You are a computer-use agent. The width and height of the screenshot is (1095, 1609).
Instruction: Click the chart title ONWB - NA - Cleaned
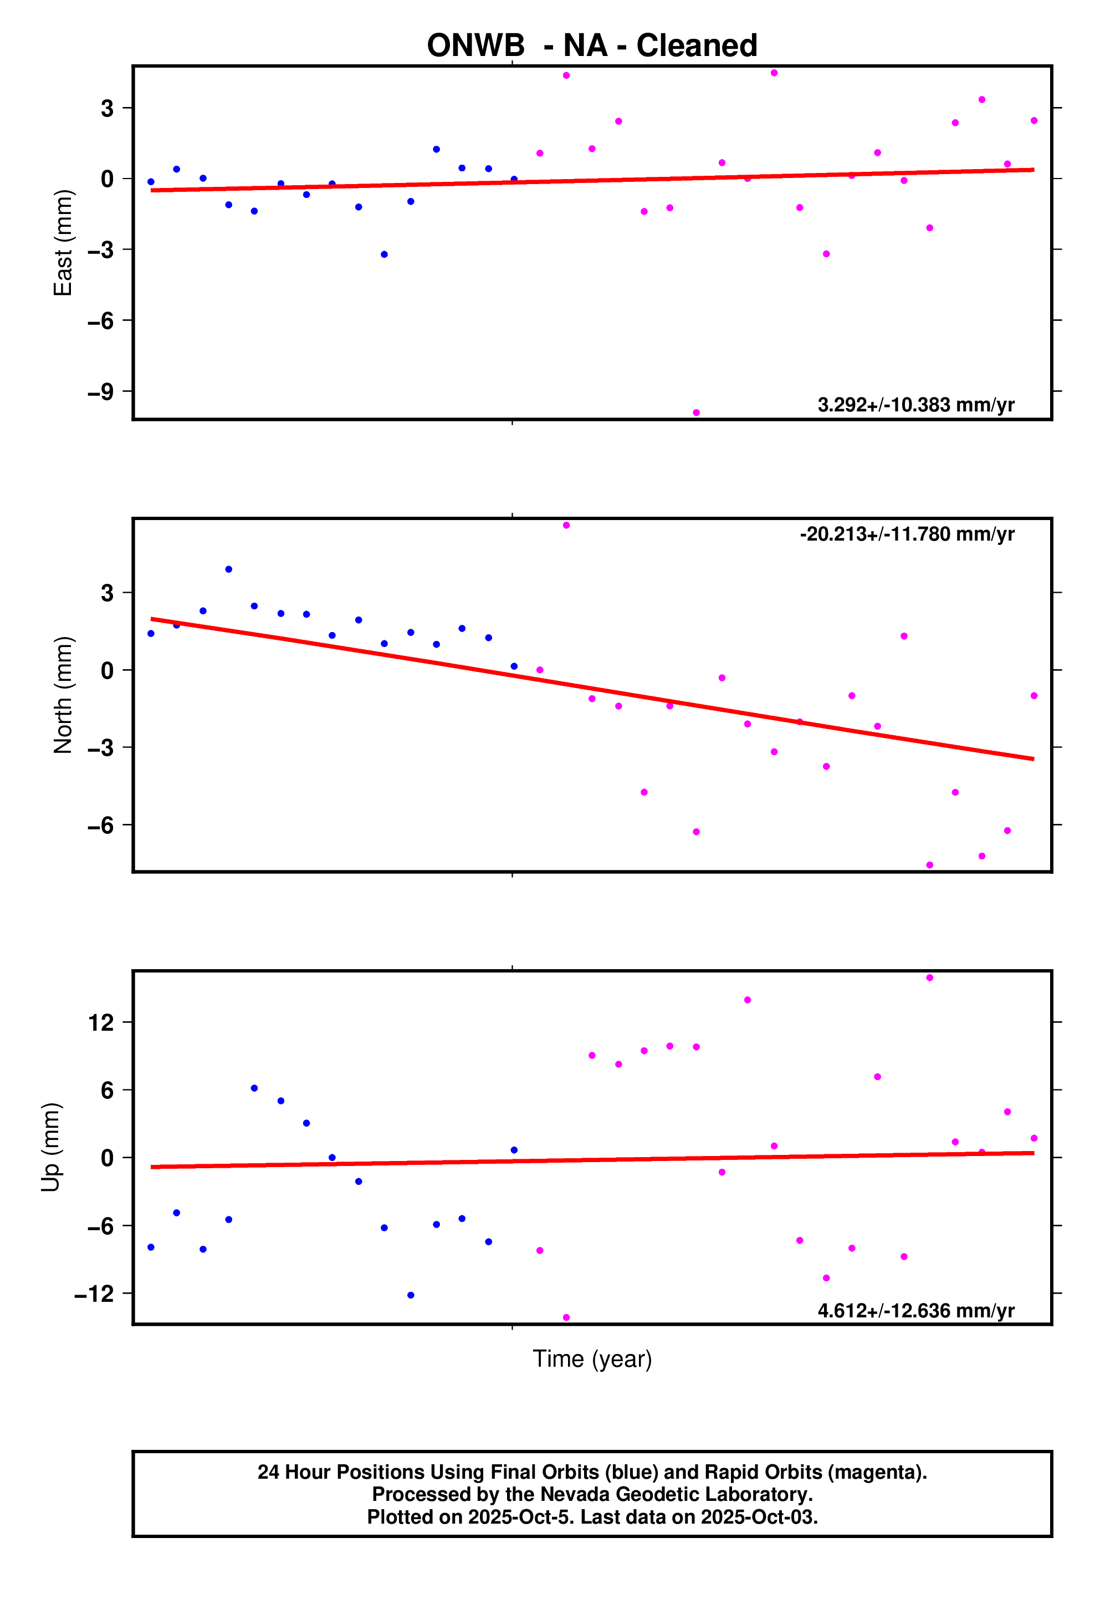tap(592, 45)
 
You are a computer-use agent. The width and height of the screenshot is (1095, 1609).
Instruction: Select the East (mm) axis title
tap(63, 243)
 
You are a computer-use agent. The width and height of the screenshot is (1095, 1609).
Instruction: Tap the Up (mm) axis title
tap(50, 1147)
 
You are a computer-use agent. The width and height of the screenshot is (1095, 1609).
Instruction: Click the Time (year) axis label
tap(592, 1359)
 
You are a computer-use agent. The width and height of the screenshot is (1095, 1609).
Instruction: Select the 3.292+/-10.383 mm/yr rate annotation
tap(915, 405)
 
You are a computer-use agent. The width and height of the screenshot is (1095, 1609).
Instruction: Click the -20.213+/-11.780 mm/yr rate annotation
tap(907, 534)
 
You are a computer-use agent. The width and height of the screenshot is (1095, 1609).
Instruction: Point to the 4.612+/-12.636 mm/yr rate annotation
tap(915, 1311)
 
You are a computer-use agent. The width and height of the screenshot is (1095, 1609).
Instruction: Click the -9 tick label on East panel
tap(100, 392)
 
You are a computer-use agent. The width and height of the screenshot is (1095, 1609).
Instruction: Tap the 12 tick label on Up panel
tap(101, 1022)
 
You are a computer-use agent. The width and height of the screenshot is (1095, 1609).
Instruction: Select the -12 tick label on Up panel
tap(94, 1294)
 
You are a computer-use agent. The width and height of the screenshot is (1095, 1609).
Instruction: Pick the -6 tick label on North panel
tap(100, 825)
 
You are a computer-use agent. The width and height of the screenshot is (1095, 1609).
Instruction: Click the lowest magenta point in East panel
tap(697, 413)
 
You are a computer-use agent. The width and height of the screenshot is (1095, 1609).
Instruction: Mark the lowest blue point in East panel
tap(384, 255)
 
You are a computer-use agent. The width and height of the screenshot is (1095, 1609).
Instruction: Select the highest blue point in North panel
tap(228, 569)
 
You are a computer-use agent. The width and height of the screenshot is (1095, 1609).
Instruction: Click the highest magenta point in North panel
tap(566, 526)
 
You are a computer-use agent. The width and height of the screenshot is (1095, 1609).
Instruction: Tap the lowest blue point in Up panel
tap(411, 1295)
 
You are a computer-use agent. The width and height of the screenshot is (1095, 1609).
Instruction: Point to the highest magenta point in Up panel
tap(929, 977)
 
